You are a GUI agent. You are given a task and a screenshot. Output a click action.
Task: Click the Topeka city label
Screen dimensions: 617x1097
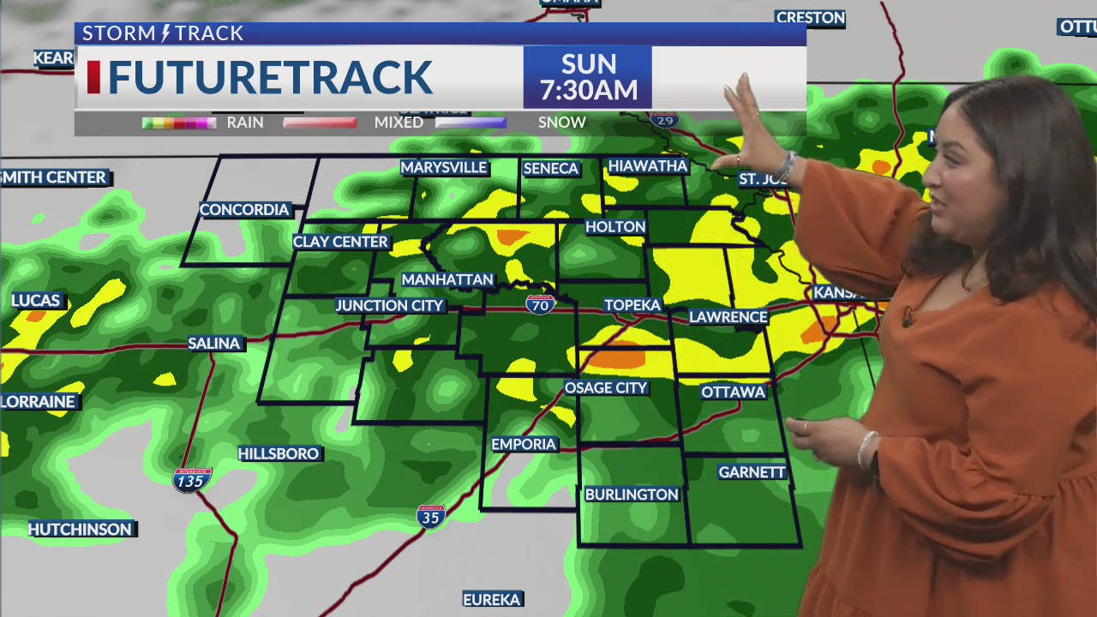coord(632,305)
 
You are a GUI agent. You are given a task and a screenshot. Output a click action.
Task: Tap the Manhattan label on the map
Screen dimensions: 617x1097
coord(447,280)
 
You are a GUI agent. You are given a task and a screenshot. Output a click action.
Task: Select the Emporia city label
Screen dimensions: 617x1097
coord(524,444)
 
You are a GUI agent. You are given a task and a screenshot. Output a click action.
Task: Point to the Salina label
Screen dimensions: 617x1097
coord(214,344)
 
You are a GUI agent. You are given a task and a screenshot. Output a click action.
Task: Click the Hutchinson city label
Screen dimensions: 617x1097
coord(81,530)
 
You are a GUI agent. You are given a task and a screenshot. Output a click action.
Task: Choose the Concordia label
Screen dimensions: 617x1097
coord(244,210)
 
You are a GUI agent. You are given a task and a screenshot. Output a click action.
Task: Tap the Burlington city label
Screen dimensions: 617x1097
coord(632,494)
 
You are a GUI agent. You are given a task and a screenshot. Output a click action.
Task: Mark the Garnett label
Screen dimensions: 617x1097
coord(752,472)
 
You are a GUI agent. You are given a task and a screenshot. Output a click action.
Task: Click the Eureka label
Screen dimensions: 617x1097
coord(493,599)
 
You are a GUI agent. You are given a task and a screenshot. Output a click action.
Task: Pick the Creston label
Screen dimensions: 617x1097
coord(810,18)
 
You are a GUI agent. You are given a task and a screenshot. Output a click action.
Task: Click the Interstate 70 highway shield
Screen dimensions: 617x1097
coord(540,303)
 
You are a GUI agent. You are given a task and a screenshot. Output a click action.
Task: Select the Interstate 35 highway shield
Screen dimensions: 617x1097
coord(430,515)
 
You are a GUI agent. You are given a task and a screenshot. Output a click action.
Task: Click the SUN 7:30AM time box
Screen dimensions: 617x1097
coord(588,77)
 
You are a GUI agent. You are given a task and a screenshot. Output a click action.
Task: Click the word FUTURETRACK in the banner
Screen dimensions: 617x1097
coord(270,78)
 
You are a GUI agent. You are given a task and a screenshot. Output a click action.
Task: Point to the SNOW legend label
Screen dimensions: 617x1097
coord(562,123)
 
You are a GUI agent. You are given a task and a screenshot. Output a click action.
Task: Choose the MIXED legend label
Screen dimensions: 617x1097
coord(399,123)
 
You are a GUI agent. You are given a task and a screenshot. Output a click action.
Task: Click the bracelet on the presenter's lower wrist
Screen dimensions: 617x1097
coord(866,447)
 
